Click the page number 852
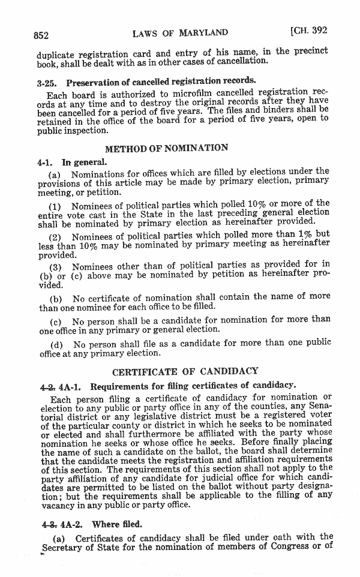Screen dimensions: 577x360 (44, 34)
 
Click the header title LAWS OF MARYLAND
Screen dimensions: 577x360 (181, 32)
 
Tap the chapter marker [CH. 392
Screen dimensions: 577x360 (308, 31)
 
